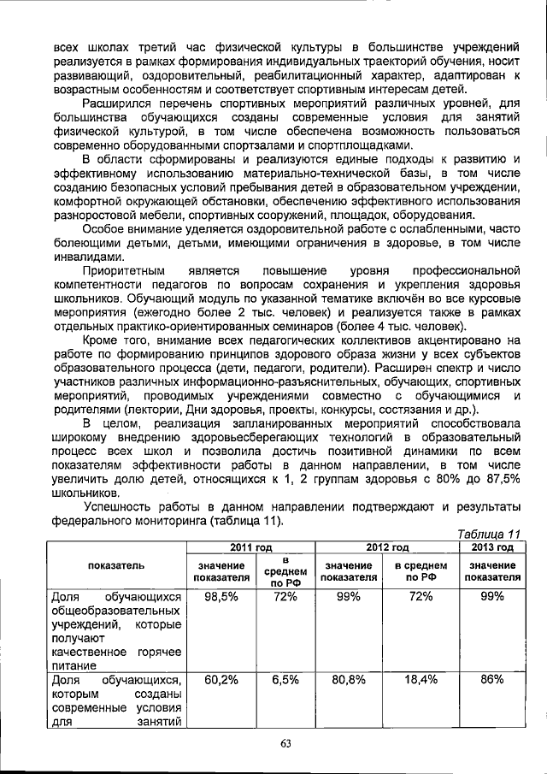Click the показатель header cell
tap(115, 565)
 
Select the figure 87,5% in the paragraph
tap(499, 479)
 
